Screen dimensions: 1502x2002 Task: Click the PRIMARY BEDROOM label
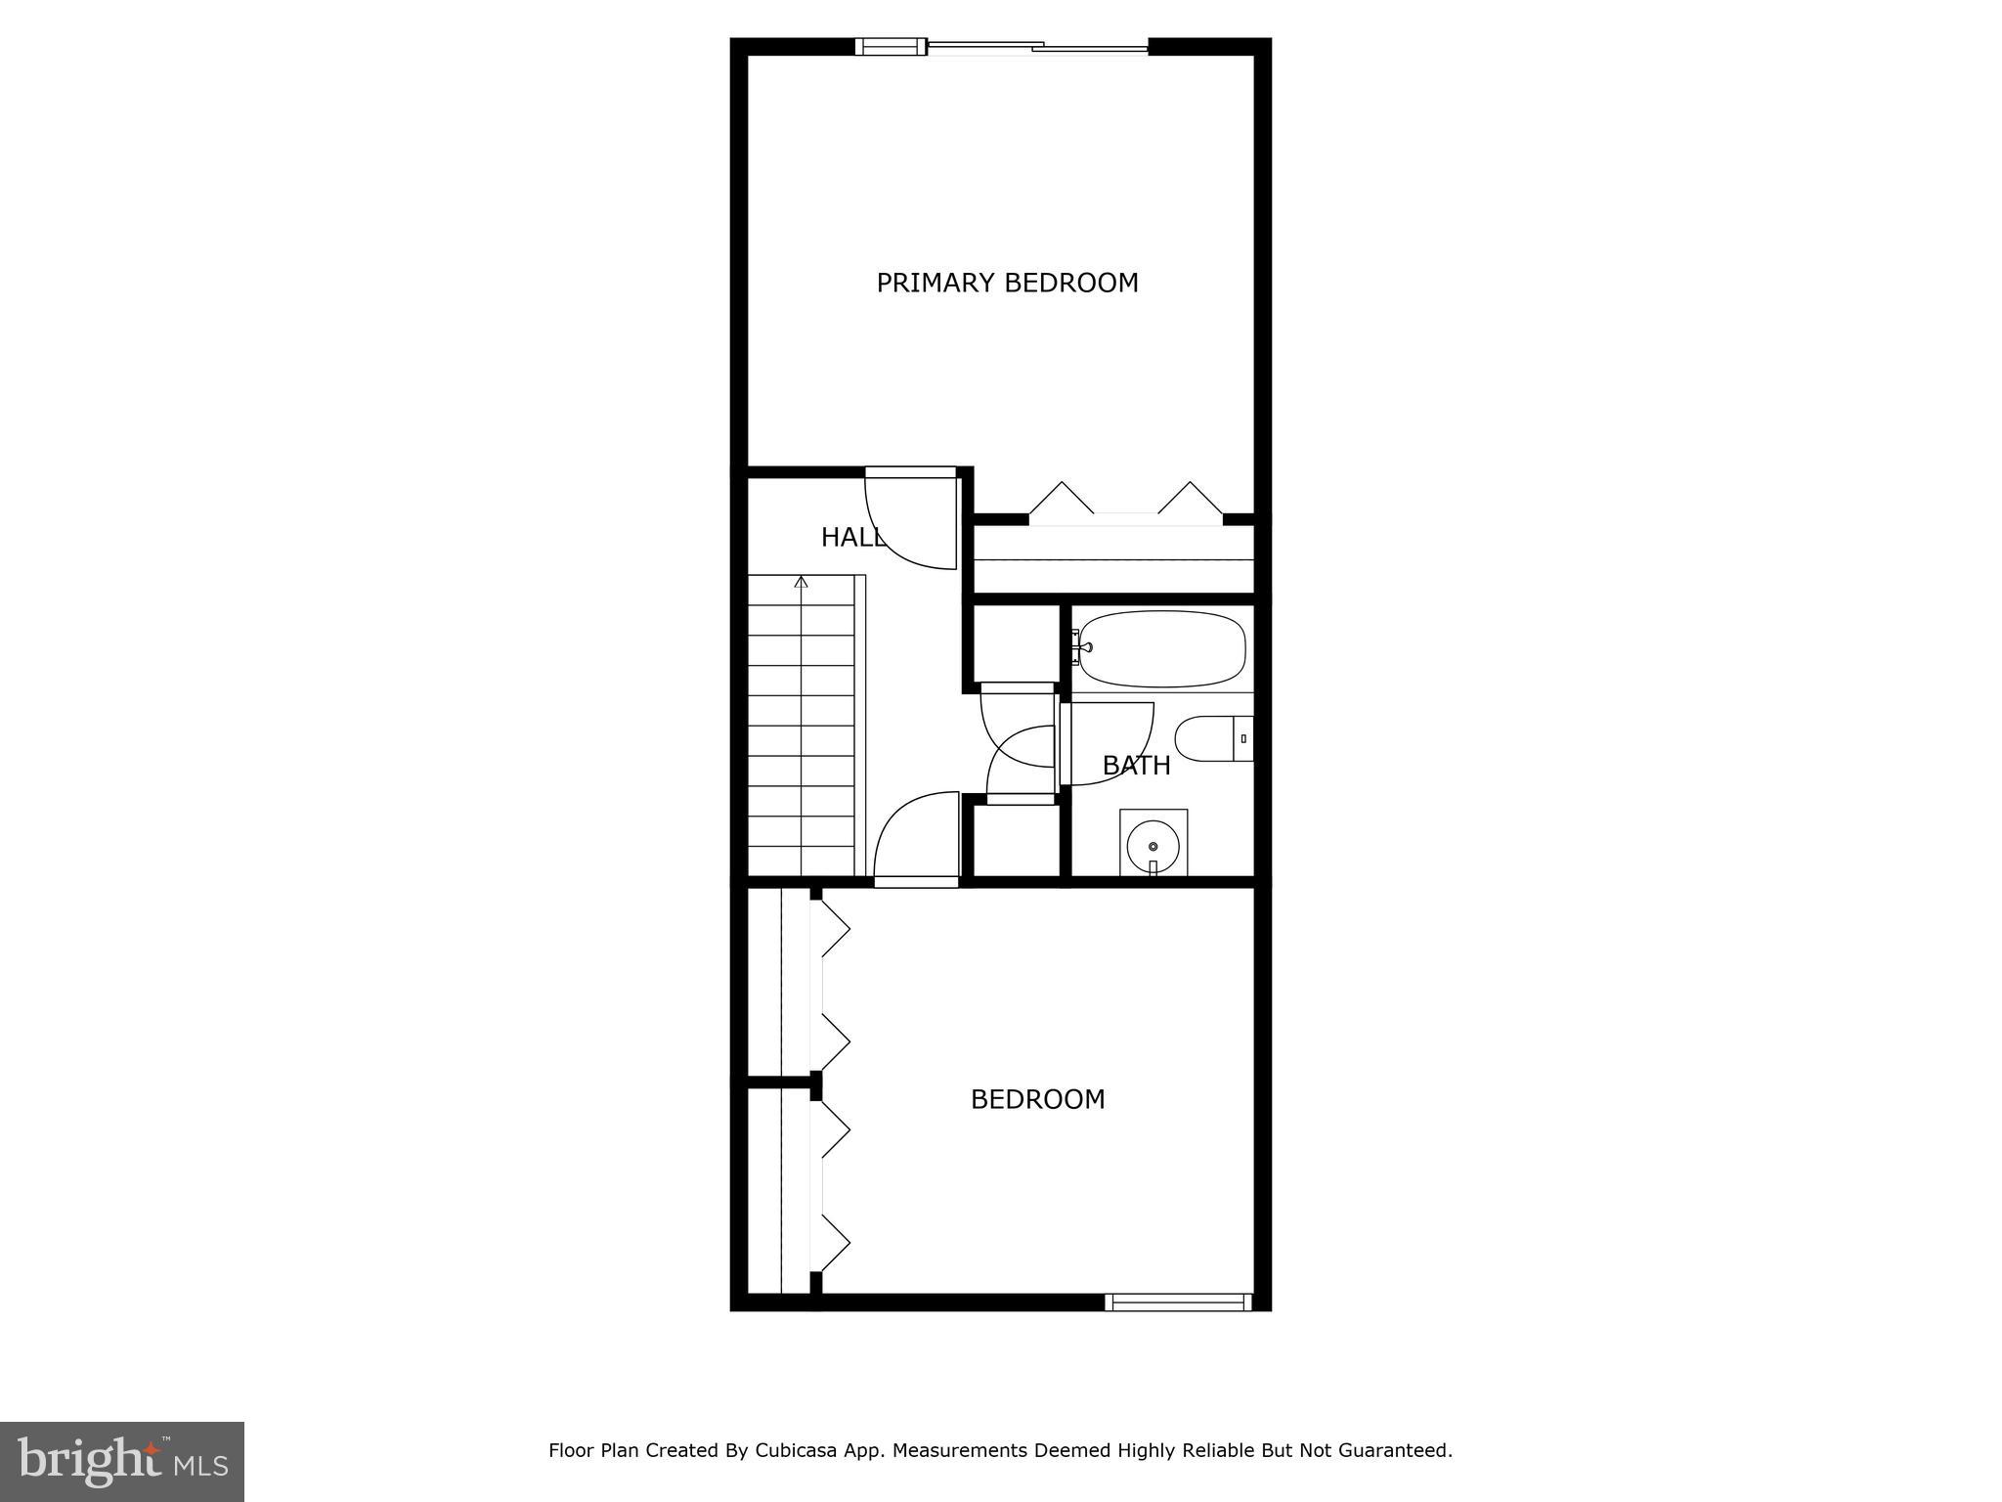pos(1007,284)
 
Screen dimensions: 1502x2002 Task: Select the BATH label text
pos(1136,766)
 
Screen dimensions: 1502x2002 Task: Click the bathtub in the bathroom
pos(1161,648)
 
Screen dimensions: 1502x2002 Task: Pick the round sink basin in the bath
pos(1153,844)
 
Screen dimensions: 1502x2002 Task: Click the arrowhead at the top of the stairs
pos(802,583)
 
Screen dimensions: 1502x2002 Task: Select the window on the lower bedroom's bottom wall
pos(1178,1302)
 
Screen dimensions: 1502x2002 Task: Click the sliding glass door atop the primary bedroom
pos(1036,46)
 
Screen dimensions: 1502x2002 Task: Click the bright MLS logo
pos(122,1462)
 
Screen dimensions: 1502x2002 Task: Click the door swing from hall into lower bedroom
pos(914,836)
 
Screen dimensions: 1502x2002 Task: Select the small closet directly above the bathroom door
pos(1017,642)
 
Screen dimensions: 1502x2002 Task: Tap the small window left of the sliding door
pos(891,46)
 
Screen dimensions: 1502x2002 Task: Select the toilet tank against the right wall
pos(1243,738)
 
